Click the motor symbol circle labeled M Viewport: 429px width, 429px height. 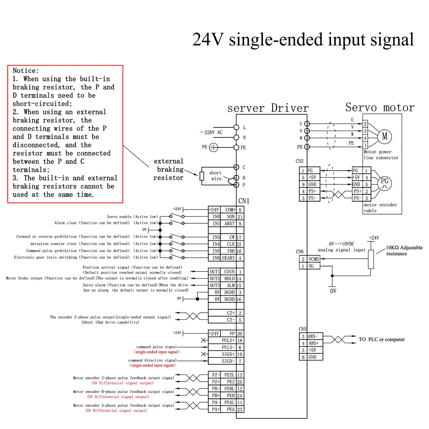(x=385, y=136)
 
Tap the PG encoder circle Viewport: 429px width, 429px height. (x=384, y=183)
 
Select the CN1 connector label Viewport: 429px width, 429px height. (x=244, y=201)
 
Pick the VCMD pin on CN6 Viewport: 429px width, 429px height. (x=313, y=259)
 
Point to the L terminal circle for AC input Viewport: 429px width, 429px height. (x=236, y=127)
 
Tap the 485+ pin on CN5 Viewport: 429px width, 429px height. (x=313, y=343)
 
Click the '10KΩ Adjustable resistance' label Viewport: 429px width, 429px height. (x=404, y=251)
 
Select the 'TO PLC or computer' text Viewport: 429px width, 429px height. (x=382, y=340)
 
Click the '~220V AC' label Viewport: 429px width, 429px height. (x=211, y=133)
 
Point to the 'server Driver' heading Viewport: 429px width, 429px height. (x=268, y=108)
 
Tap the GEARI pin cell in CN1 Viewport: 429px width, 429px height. (x=228, y=258)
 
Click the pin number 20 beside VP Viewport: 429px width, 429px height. (x=240, y=334)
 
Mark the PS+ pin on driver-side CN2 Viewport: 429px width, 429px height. (x=312, y=191)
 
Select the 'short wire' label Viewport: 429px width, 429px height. (x=216, y=176)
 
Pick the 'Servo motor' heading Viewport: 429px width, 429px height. (x=380, y=107)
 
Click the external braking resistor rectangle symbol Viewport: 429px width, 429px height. (x=202, y=176)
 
